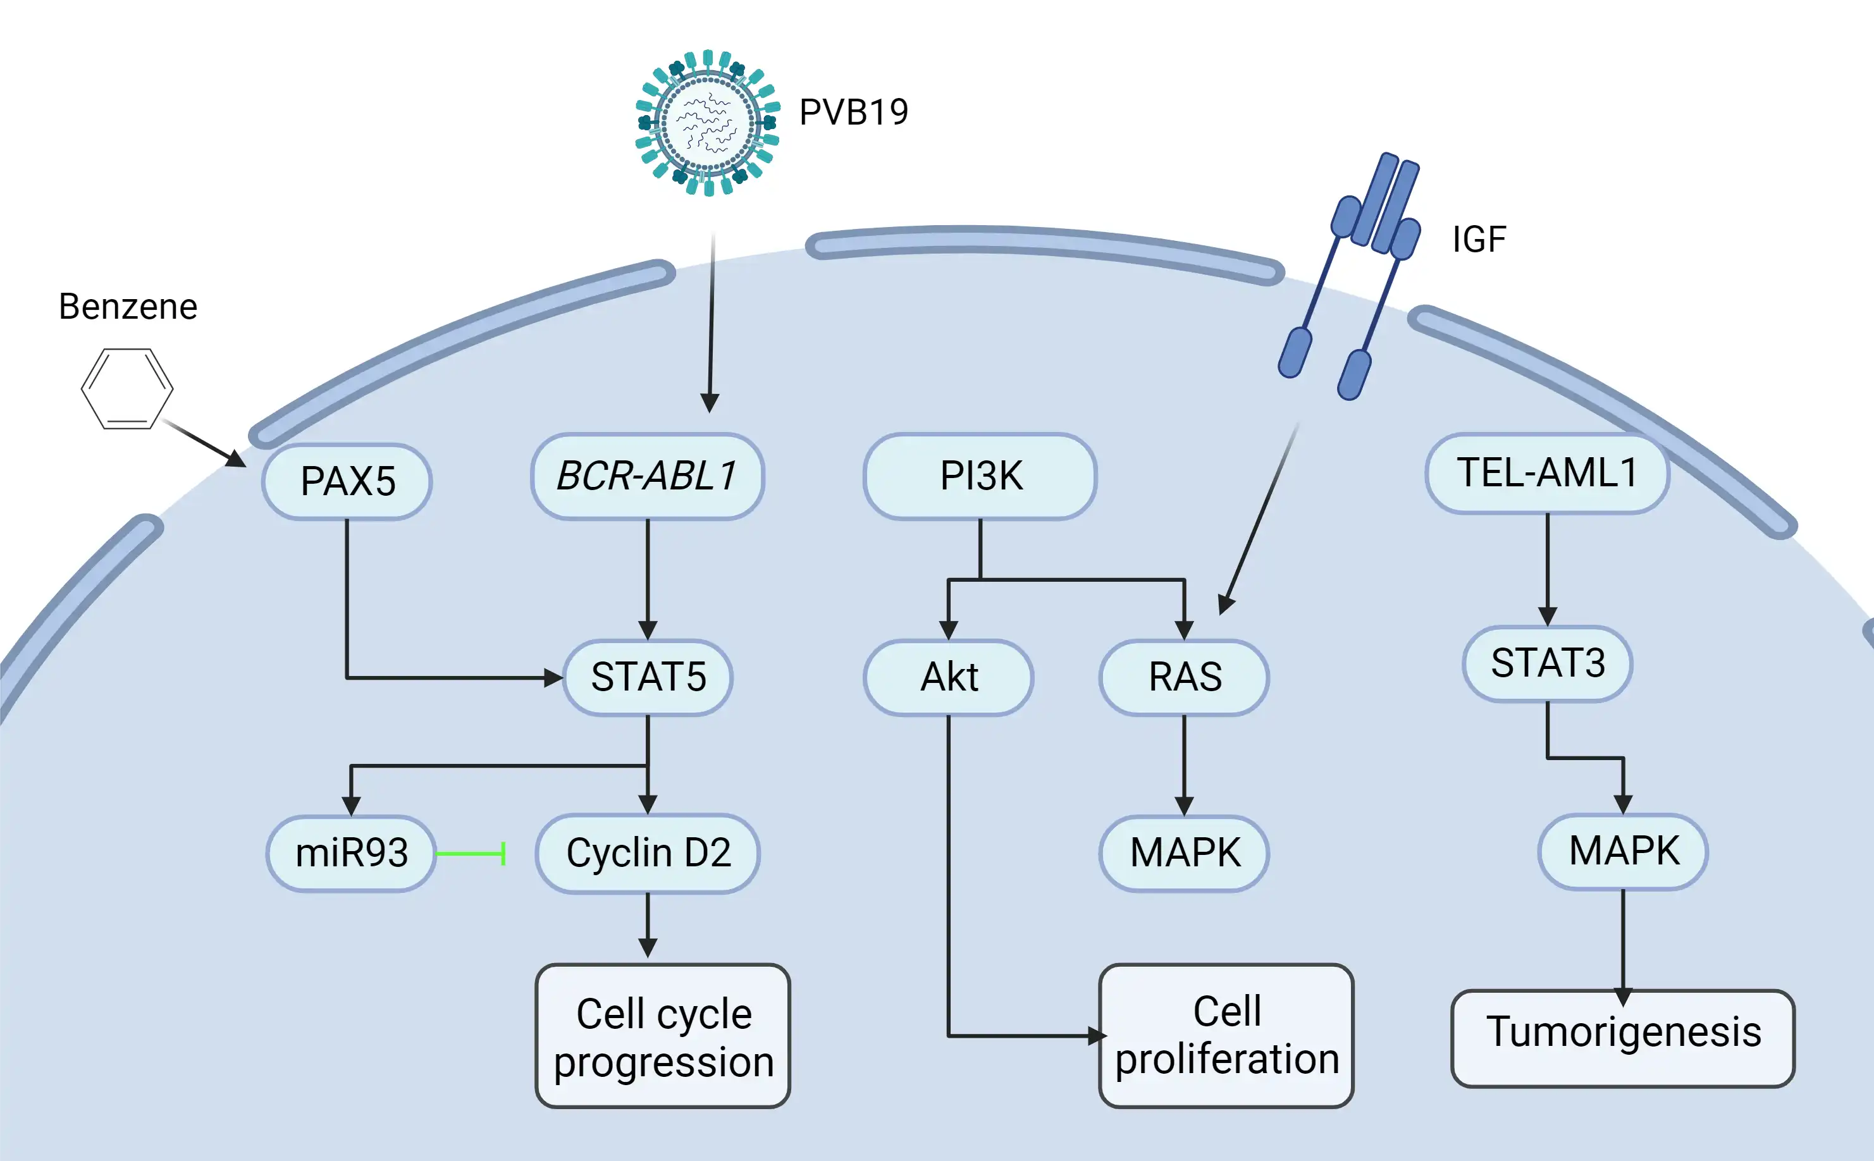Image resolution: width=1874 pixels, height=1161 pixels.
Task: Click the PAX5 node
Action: tap(347, 481)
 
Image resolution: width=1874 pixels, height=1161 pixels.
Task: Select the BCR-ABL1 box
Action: tap(648, 476)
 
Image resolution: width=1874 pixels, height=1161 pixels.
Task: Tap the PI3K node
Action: tap(980, 476)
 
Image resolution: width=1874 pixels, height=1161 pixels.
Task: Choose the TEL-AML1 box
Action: tap(1547, 473)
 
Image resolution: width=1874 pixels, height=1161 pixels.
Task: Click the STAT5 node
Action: tap(648, 677)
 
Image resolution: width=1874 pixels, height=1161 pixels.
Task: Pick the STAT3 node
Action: tap(1547, 663)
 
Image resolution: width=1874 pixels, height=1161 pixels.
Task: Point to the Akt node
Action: tap(949, 677)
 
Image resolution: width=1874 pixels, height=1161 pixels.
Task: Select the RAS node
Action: tap(1185, 677)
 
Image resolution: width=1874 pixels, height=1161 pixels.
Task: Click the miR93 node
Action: tap(351, 853)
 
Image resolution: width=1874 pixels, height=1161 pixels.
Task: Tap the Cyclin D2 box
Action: tap(648, 853)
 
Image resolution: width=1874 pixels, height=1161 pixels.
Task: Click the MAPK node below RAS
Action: tap(1185, 853)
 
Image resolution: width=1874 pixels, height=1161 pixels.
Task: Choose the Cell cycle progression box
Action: tap(663, 1036)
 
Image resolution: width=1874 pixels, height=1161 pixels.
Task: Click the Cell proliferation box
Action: tap(1226, 1036)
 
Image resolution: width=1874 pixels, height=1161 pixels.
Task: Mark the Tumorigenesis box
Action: tap(1622, 1038)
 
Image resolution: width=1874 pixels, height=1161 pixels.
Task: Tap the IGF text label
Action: tap(1479, 240)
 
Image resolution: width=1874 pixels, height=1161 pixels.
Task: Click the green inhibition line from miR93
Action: tap(470, 853)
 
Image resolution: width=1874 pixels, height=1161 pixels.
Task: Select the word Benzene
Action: tap(128, 306)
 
